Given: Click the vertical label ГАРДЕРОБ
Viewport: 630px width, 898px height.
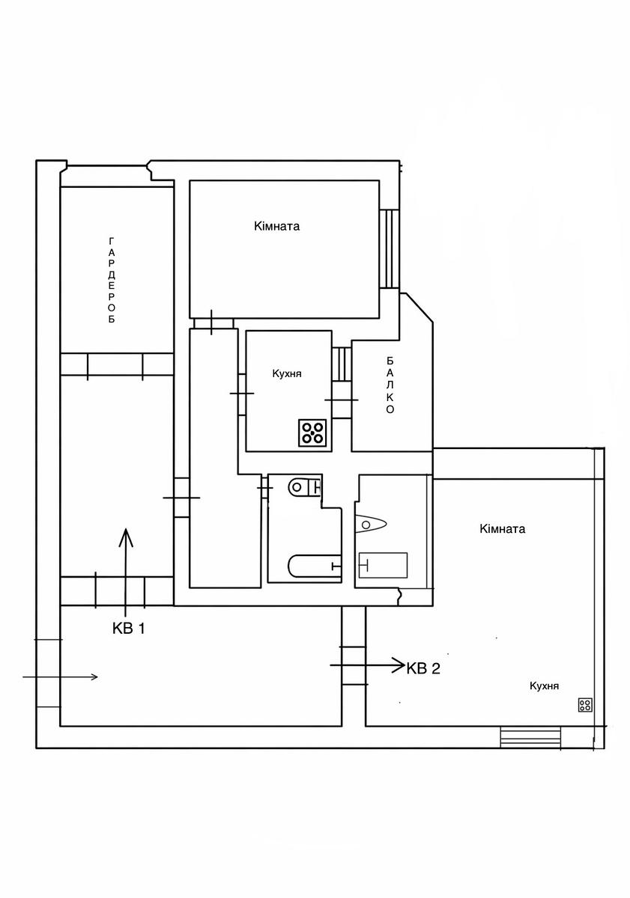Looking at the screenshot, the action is point(112,280).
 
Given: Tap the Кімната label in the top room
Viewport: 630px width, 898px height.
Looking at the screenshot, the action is point(277,226).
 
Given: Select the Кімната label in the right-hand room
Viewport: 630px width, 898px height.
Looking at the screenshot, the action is point(502,529).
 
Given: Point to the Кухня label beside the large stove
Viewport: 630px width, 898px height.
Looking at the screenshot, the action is point(286,374).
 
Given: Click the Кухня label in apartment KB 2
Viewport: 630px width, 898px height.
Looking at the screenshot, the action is point(544,686).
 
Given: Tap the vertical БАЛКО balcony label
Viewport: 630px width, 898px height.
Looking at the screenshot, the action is point(390,385).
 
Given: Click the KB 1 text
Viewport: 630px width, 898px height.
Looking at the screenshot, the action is point(128,628).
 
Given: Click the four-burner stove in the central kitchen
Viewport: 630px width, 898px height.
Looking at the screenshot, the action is point(312,433).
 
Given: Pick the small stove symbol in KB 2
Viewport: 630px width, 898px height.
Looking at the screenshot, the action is point(585,704).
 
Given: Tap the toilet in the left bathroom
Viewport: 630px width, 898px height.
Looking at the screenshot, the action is point(305,487).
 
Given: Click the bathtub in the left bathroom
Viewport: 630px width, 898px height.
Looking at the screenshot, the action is point(314,566).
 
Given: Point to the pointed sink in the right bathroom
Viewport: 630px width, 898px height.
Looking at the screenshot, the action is point(370,525).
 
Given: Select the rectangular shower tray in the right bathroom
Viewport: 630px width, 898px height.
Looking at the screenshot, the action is point(383,565).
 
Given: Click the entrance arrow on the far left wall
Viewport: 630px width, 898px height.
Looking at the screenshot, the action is point(60,677).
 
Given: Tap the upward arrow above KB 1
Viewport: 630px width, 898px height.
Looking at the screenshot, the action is point(126,572).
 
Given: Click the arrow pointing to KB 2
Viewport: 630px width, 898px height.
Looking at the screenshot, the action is point(367,665).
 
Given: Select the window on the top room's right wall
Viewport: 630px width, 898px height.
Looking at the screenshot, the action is point(390,248).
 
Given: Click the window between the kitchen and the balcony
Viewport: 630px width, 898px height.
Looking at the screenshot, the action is point(342,364).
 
